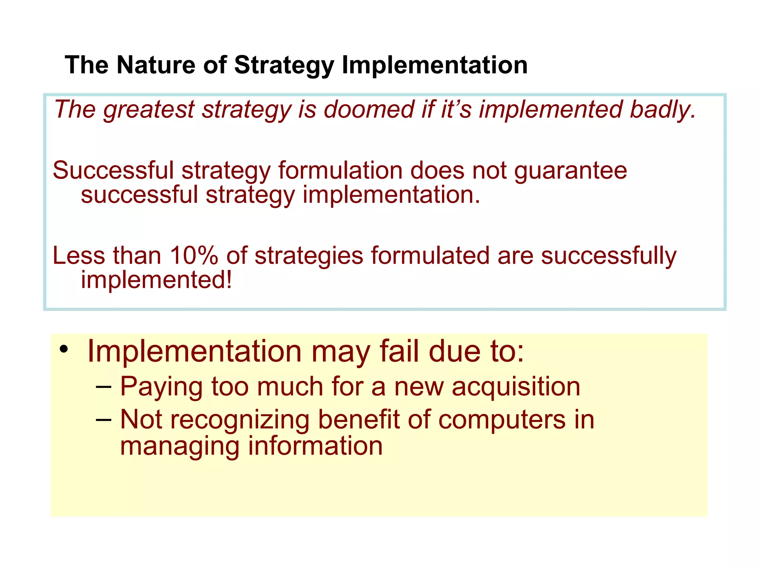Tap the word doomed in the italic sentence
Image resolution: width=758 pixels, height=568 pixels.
pos(369,109)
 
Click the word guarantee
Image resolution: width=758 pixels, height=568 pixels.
pos(570,171)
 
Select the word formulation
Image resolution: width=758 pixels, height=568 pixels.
pos(340,171)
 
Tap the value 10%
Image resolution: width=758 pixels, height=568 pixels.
pos(194,256)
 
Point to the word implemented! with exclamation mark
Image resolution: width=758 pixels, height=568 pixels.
pos(157,280)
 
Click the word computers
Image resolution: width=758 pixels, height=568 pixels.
pos(502,420)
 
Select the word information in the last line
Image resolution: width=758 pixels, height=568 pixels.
pos(315,446)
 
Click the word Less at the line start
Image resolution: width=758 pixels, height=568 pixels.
pos(79,256)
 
